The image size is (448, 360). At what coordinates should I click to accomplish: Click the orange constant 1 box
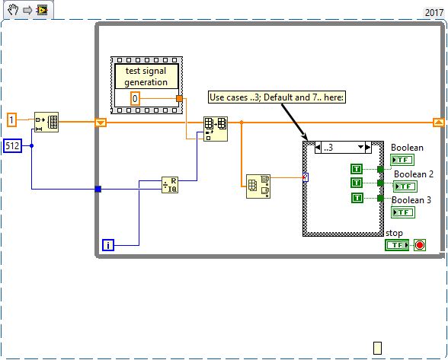click(11, 119)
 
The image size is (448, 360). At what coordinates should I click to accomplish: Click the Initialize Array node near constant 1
click(47, 123)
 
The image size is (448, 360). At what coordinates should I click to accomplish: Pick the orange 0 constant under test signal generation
click(134, 98)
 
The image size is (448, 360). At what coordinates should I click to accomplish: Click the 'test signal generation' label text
click(145, 76)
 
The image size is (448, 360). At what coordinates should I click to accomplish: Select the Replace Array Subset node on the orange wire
click(215, 128)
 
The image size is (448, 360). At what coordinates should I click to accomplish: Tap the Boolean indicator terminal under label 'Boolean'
click(402, 160)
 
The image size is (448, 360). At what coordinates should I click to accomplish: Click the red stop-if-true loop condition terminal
click(419, 245)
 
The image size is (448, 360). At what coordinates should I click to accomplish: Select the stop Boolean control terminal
click(397, 245)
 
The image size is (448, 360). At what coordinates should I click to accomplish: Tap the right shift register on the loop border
click(439, 122)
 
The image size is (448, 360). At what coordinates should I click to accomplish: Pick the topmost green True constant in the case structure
click(357, 169)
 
